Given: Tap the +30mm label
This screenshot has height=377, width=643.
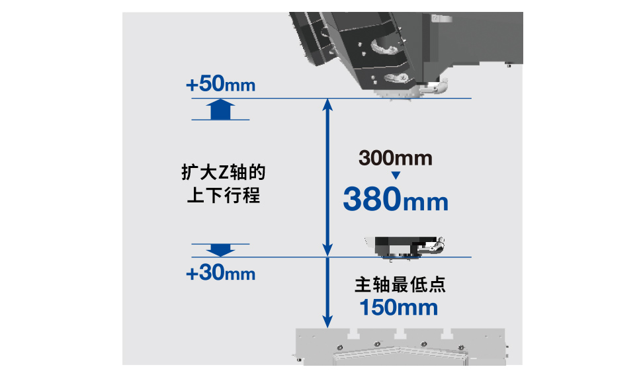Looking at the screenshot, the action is coord(221,272).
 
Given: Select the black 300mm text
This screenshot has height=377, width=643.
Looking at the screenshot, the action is coord(396,158).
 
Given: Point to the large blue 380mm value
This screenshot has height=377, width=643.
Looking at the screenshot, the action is coord(396,199).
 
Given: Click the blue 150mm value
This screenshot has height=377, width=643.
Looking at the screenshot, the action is coord(399,308).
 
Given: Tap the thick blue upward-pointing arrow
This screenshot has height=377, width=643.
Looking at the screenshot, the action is coord(221,109).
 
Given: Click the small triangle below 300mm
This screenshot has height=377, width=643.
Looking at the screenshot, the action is coord(396,175).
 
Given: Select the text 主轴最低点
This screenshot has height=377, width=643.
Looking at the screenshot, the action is coord(400,284).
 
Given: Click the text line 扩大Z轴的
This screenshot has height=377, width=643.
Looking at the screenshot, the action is coord(224,172).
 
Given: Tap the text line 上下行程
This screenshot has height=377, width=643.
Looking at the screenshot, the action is coord(224,195).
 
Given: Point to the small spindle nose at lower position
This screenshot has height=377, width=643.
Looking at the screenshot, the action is coord(405,248).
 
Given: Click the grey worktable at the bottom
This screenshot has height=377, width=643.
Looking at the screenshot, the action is coord(401,347).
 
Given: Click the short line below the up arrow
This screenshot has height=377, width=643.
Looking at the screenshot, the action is coord(221,120).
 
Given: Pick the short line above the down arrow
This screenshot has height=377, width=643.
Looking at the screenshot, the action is coord(221,244).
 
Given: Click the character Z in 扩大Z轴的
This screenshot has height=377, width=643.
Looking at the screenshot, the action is coord(223,173).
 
